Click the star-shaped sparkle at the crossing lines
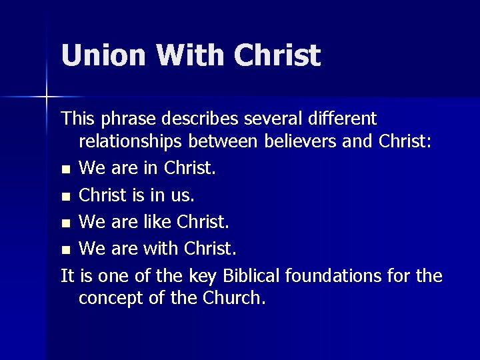coord(47,97)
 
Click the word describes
coord(207,119)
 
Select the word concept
coord(111,298)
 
